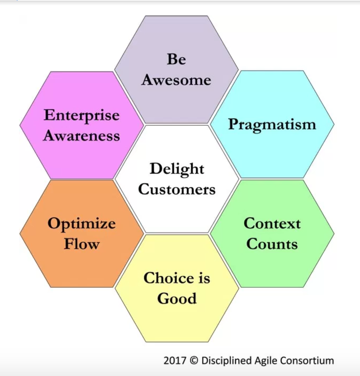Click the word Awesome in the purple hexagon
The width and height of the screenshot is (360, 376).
coord(176,80)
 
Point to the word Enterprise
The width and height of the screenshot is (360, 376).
coord(82,115)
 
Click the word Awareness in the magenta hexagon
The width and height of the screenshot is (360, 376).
coord(82,136)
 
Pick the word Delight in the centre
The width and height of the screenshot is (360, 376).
coord(176,169)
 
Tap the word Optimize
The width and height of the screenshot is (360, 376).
coord(82,224)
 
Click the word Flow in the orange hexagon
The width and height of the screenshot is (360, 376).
coord(82,244)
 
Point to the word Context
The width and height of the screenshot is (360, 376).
coord(272,223)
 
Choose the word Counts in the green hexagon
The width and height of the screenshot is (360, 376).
coord(272,244)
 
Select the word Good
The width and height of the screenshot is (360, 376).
coord(176,299)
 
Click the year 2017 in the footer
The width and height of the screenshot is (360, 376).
coord(174,361)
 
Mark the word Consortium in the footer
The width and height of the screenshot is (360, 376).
coord(308,361)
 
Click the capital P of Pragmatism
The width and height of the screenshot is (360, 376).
coord(232,124)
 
